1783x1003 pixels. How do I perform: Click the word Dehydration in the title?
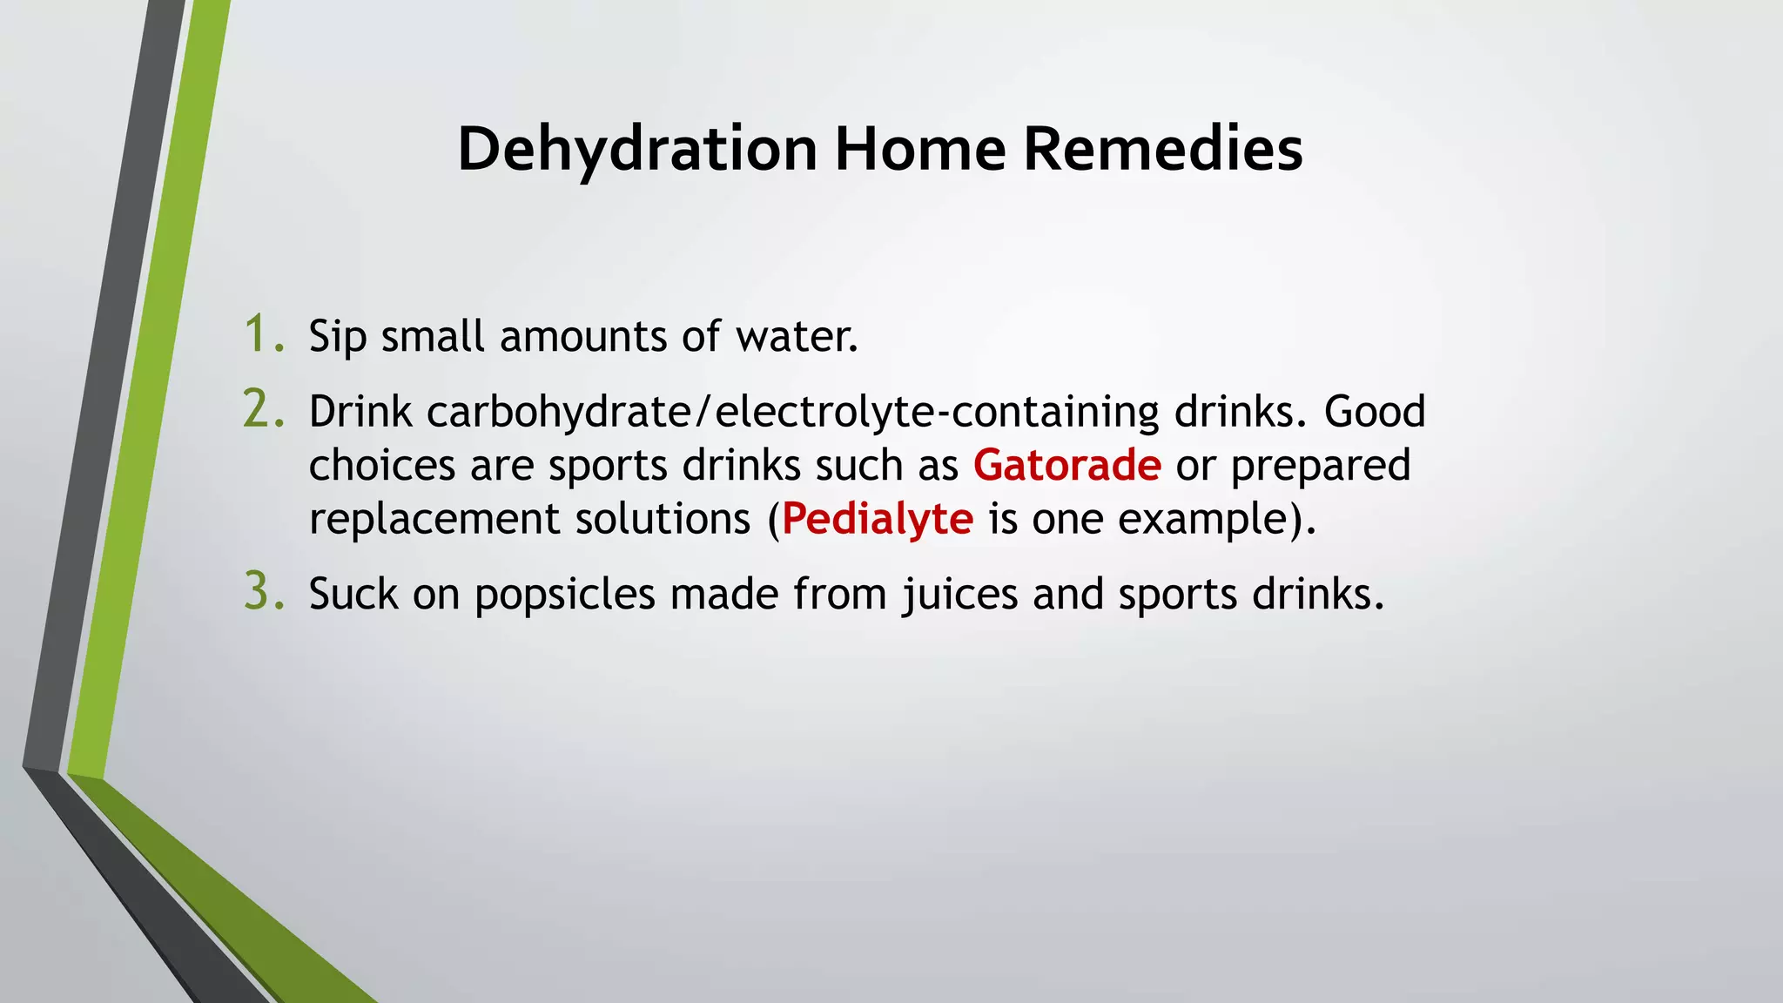(637, 150)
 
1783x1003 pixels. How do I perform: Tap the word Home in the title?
(920, 150)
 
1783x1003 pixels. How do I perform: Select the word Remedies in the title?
(1163, 150)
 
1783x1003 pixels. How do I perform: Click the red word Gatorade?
(1066, 465)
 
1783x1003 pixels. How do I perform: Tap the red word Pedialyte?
(877, 519)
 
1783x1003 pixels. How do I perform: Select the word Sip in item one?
(337, 337)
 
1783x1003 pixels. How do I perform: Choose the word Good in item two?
(1375, 412)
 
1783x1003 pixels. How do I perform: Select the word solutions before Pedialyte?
(663, 520)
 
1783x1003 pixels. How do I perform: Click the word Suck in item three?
(353, 595)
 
